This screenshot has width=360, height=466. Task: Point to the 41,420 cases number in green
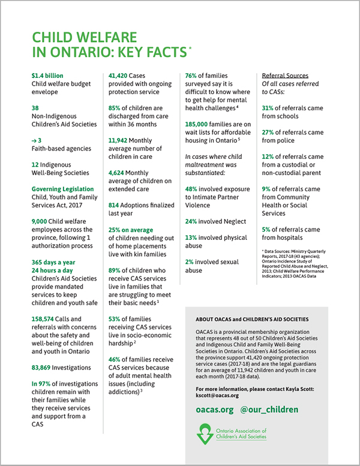[x=120, y=76]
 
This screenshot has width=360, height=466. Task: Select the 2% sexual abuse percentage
[x=189, y=262]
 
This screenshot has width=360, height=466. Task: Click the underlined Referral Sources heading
[x=285, y=76]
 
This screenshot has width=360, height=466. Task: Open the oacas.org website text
[x=213, y=410]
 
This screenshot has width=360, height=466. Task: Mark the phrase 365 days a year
[x=54, y=262]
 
